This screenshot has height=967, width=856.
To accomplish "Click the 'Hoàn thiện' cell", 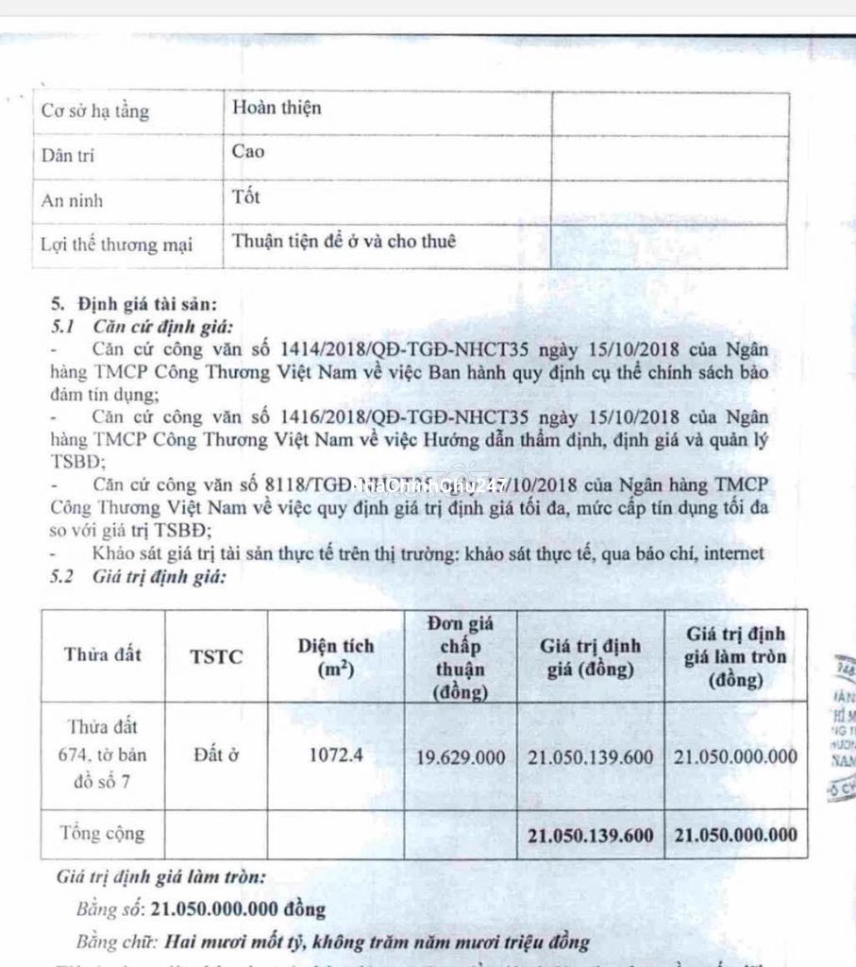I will [x=277, y=108].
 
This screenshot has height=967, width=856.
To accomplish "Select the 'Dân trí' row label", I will [x=67, y=156].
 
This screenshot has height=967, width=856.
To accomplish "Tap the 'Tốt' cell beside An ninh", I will [x=246, y=197].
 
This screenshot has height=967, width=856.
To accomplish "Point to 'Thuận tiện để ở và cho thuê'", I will [x=344, y=242].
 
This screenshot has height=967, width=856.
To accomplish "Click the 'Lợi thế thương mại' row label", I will [x=116, y=245].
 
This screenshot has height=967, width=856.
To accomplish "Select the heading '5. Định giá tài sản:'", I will [x=133, y=305].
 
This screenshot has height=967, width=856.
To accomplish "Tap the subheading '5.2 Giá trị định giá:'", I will [x=139, y=576].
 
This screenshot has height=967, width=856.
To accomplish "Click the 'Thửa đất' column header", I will [x=102, y=654].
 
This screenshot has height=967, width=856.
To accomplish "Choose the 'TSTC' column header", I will [x=216, y=656].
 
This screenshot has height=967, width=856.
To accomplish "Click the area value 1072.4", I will [x=336, y=756].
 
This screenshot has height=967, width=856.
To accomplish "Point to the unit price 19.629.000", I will [x=462, y=757].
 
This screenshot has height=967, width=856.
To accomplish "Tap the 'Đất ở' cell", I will [x=216, y=755].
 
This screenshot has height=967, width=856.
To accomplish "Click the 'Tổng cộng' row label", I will [x=102, y=834].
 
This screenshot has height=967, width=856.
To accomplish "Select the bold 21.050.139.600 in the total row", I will [x=591, y=835].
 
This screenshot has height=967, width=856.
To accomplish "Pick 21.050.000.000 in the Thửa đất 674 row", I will [x=735, y=756].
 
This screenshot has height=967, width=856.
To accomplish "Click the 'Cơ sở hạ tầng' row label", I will [x=94, y=111].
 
